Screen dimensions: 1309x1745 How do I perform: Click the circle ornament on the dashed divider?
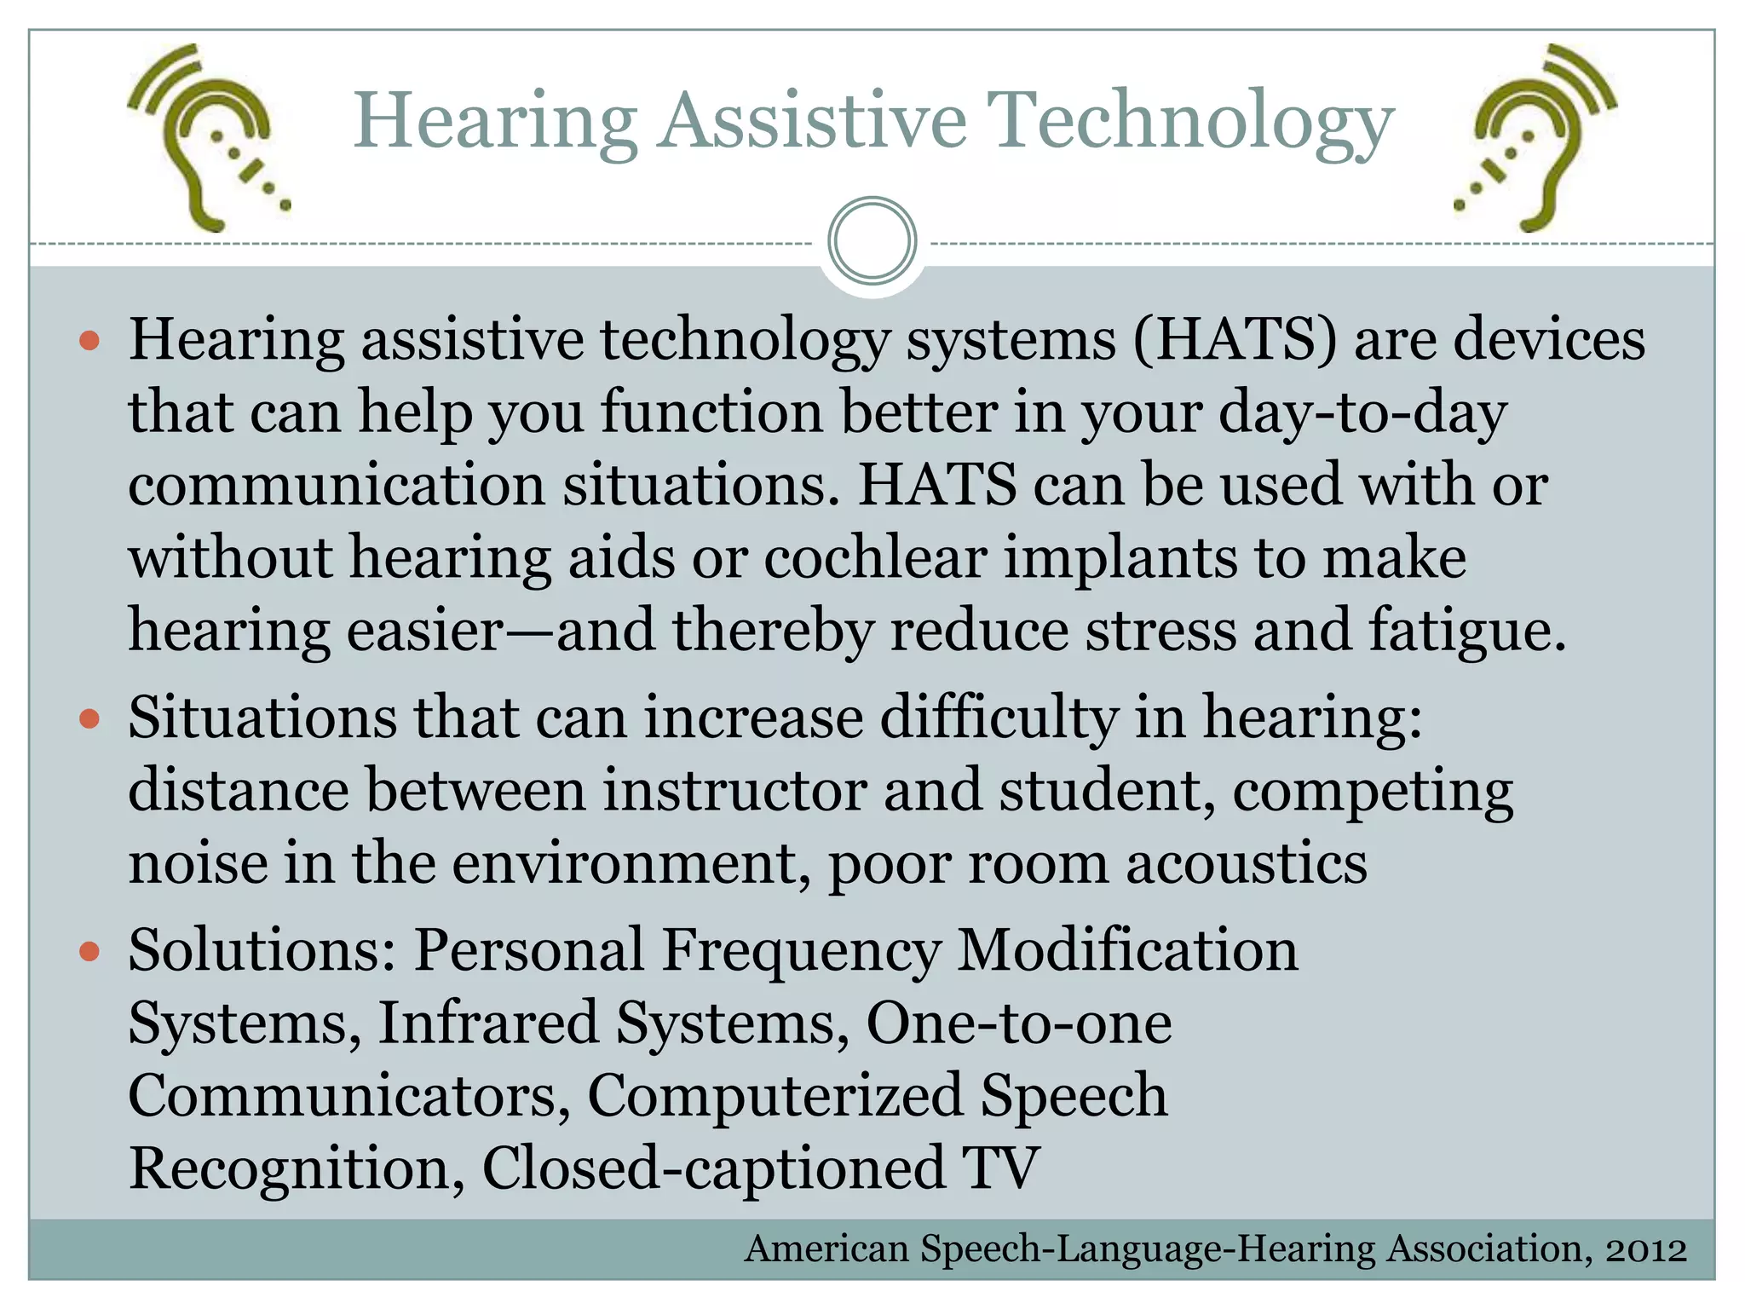(872, 241)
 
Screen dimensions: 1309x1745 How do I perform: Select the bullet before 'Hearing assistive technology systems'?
(89, 343)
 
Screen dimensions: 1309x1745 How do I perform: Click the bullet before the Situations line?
(89, 720)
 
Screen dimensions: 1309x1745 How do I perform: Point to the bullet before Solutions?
(89, 952)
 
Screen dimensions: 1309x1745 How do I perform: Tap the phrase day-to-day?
(1362, 413)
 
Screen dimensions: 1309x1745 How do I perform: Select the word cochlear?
(875, 558)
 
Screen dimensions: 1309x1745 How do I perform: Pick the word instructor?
(734, 790)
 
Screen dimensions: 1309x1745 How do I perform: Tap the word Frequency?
(801, 951)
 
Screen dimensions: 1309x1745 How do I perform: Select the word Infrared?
(487, 1023)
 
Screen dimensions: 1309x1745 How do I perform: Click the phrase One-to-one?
(1018, 1023)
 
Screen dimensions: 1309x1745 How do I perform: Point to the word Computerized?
(775, 1096)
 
